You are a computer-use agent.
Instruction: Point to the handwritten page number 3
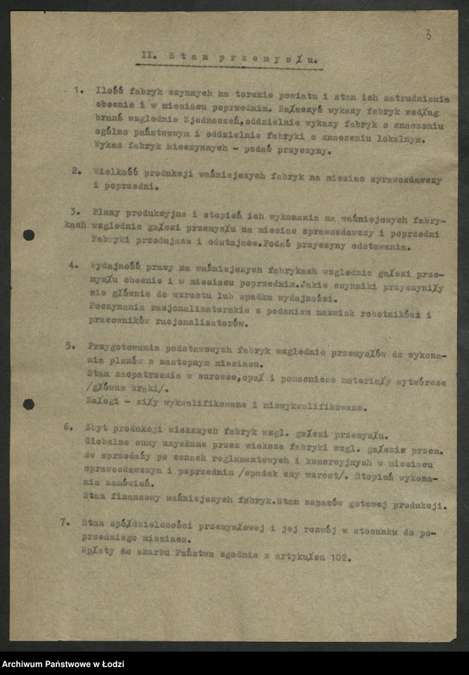click(428, 35)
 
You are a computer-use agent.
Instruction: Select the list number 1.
click(77, 90)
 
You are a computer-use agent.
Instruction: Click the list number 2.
click(75, 170)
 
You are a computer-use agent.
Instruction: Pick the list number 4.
click(73, 264)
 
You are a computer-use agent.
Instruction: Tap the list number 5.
click(71, 345)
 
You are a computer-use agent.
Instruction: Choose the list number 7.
click(65, 521)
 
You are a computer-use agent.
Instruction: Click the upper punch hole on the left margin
click(29, 235)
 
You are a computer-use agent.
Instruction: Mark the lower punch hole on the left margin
click(29, 403)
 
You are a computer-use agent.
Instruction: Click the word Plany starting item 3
click(105, 211)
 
